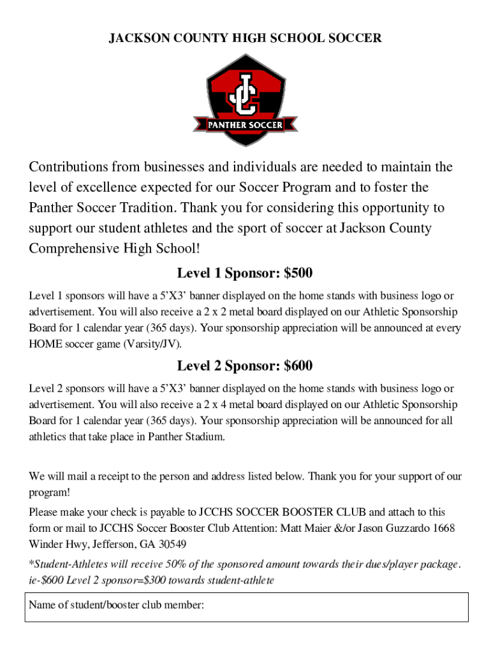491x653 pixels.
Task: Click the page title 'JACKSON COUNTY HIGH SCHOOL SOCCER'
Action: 246,38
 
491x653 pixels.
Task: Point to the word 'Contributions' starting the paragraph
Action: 68,167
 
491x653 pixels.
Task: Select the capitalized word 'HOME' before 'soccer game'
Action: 45,344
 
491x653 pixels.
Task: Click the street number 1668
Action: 444,528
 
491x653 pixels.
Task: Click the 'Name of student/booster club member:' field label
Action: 115,605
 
